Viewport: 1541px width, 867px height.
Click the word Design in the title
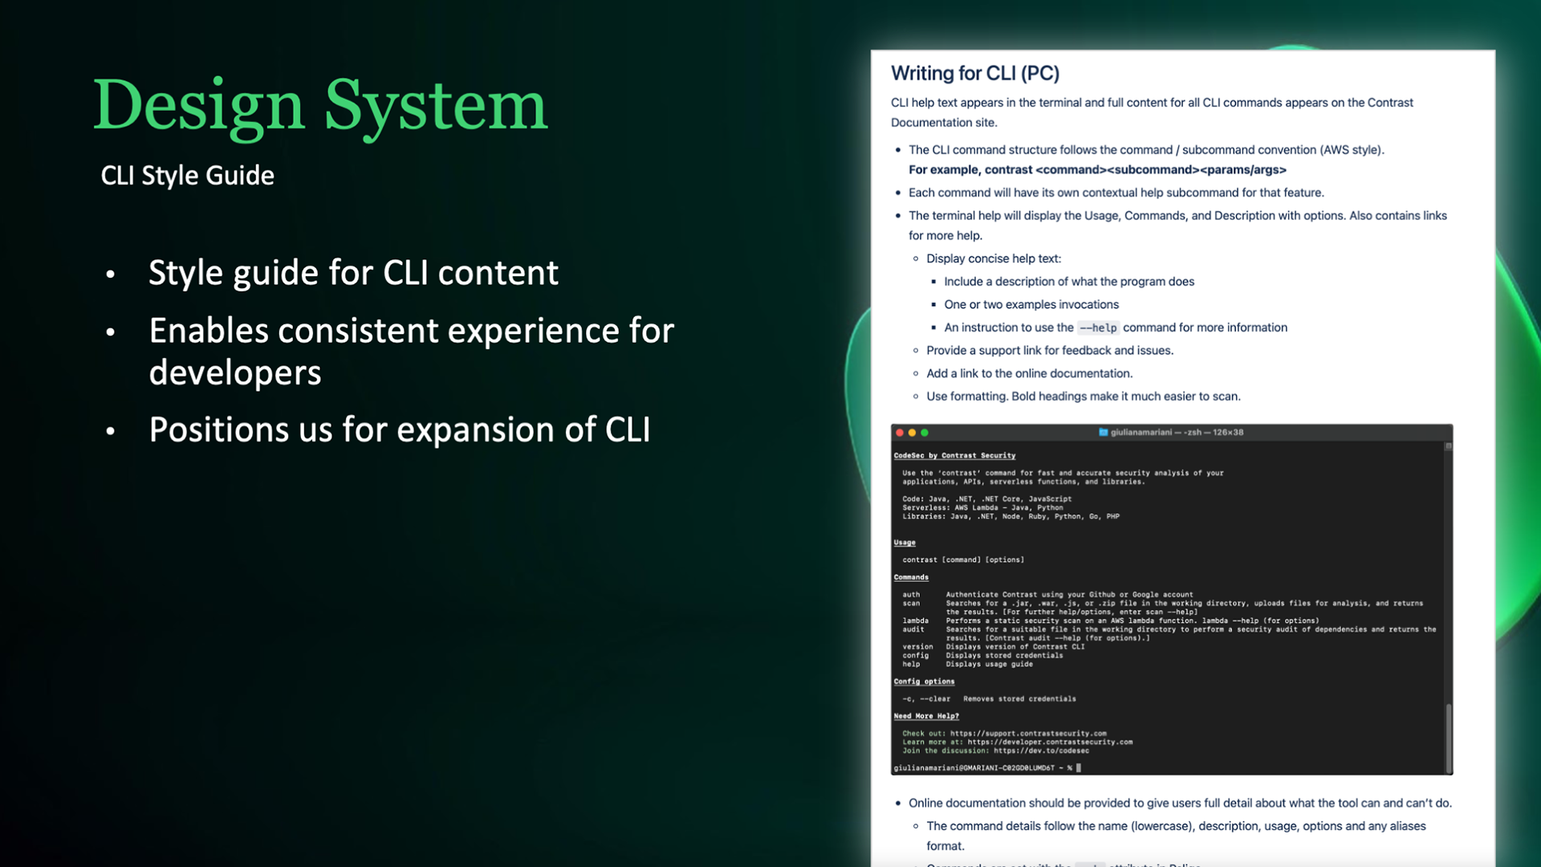click(198, 106)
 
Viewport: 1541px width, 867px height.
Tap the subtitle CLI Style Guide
click(187, 175)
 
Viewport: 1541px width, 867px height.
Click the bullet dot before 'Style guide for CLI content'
click(111, 275)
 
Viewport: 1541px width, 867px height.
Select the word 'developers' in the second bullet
click(235, 372)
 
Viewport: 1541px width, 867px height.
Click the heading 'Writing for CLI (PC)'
click(974, 73)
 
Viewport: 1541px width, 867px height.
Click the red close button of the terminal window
click(900, 433)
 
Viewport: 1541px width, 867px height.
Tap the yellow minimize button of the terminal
click(912, 433)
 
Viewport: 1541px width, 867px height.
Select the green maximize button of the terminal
click(925, 433)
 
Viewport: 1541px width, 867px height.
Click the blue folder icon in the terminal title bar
click(1103, 432)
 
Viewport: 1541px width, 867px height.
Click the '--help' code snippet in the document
click(1097, 328)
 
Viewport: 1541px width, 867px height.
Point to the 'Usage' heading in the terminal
click(905, 543)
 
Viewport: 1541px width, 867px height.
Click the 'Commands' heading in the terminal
click(911, 577)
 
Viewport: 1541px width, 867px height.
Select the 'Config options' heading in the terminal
click(924, 682)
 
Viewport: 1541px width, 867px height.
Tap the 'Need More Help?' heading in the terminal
click(926, 716)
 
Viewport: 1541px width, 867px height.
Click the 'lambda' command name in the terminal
click(915, 621)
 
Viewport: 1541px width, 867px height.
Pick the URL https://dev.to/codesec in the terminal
click(1041, 751)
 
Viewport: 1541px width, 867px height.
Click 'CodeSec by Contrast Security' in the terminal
click(954, 455)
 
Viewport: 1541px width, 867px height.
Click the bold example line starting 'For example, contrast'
click(1097, 169)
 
